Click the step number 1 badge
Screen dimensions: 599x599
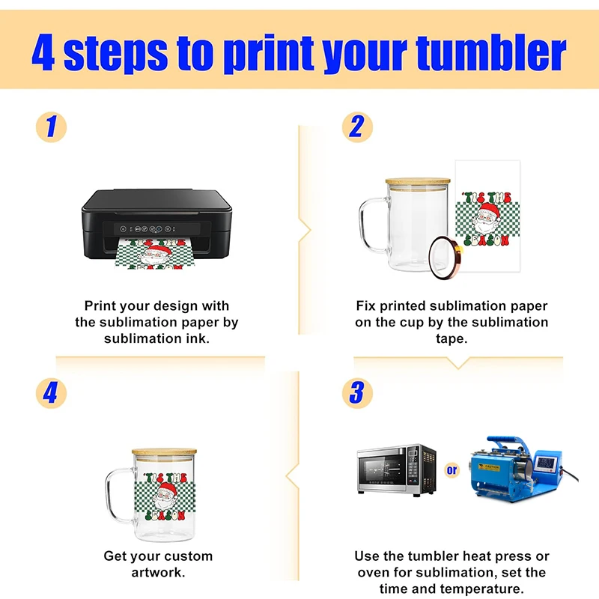coord(51,127)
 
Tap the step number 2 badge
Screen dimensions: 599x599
coord(357,127)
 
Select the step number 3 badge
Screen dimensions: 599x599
coord(357,394)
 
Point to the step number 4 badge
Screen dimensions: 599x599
coord(51,394)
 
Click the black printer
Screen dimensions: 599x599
coord(156,225)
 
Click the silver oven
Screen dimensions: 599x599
coord(397,470)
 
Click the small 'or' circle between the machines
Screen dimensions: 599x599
coord(452,470)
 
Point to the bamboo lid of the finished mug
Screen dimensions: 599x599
coord(164,451)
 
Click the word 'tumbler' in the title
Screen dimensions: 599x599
coord(491,52)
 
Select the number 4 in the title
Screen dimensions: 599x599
coord(43,52)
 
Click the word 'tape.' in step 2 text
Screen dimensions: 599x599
coord(451,338)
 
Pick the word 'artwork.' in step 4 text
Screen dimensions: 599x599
coord(158,572)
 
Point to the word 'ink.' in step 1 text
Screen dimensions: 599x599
coord(198,338)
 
